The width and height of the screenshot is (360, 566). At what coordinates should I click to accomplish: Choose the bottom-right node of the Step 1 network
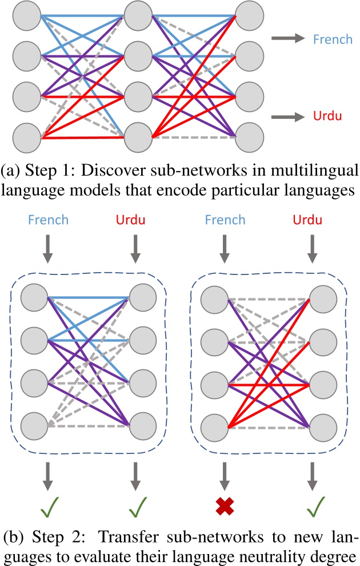pos(249,136)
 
